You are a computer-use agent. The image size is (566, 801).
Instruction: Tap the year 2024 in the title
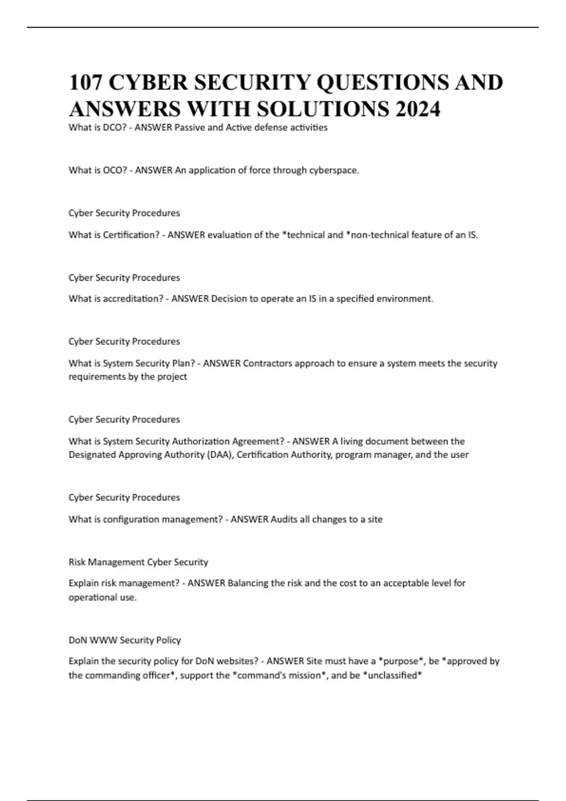(418, 109)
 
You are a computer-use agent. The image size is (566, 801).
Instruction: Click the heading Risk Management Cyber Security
(138, 562)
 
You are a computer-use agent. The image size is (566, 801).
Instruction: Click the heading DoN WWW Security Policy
(125, 640)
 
